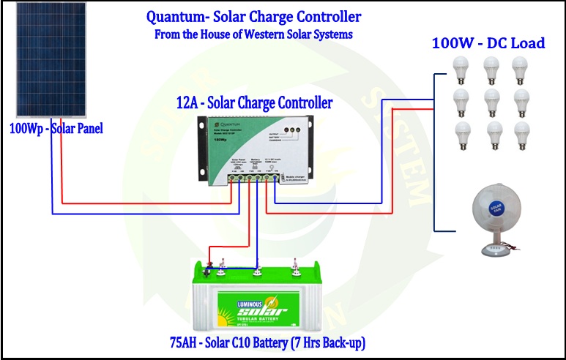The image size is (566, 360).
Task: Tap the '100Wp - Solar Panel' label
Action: point(56,129)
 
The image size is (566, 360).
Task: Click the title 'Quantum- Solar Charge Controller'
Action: point(253,17)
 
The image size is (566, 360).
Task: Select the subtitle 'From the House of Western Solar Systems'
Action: point(253,34)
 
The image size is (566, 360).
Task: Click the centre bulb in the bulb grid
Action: point(491,101)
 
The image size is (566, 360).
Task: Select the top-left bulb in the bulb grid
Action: point(461,70)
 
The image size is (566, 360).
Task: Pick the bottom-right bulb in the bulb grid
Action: point(521,134)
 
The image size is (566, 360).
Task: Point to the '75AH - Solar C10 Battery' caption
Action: point(267,342)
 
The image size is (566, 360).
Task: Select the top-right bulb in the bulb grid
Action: point(521,70)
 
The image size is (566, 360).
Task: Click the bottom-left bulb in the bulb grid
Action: point(461,134)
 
